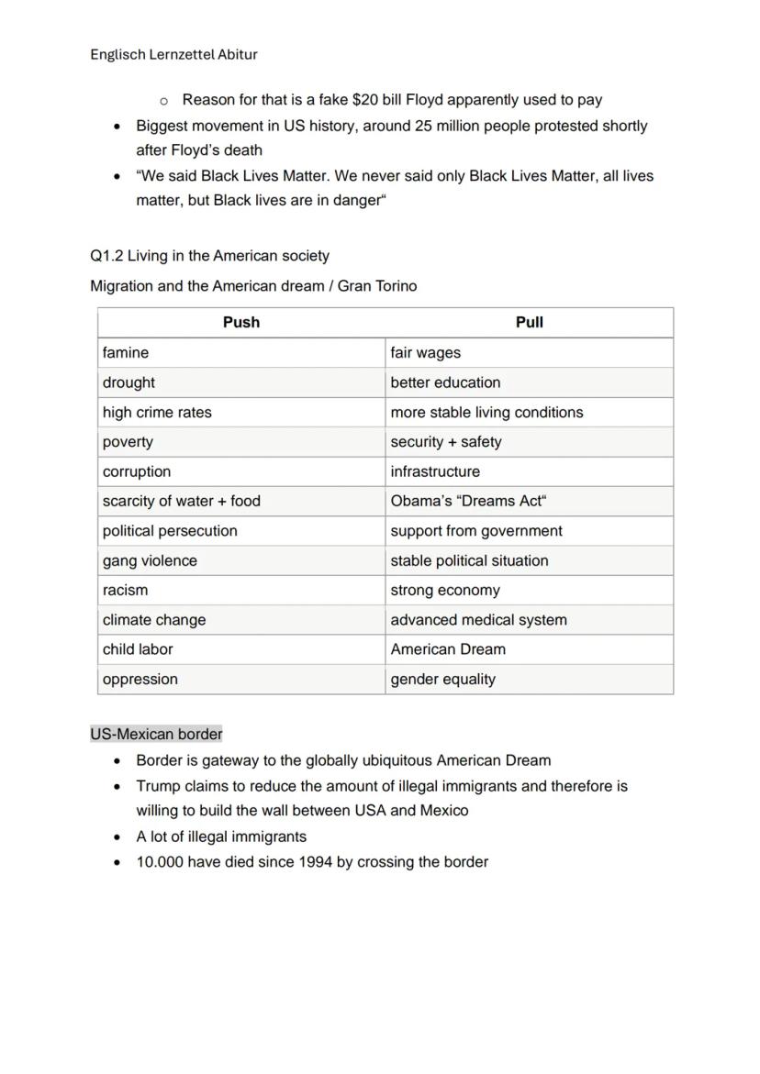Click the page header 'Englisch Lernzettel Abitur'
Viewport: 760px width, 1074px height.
pyautogui.click(x=173, y=54)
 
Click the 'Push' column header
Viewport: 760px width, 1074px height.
pyautogui.click(x=240, y=322)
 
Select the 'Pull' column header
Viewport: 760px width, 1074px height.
pyautogui.click(x=529, y=322)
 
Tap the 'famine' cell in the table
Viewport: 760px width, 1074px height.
pyautogui.click(x=126, y=352)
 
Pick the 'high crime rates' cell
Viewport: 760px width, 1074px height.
pyautogui.click(x=157, y=412)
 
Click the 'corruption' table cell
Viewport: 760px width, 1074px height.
pyautogui.click(x=137, y=471)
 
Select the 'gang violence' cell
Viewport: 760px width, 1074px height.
pyautogui.click(x=150, y=560)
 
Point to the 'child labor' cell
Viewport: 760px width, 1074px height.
pyautogui.click(x=138, y=648)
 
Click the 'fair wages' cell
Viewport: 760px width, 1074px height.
pyautogui.click(x=426, y=352)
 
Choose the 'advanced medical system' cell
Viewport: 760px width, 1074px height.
pyautogui.click(x=478, y=620)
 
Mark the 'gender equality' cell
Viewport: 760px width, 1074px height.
pyautogui.click(x=442, y=679)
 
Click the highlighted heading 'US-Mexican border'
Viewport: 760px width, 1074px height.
pyautogui.click(x=156, y=734)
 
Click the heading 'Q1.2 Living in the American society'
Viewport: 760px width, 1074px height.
pyautogui.click(x=209, y=256)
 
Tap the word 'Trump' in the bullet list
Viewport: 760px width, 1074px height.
pyautogui.click(x=158, y=786)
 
